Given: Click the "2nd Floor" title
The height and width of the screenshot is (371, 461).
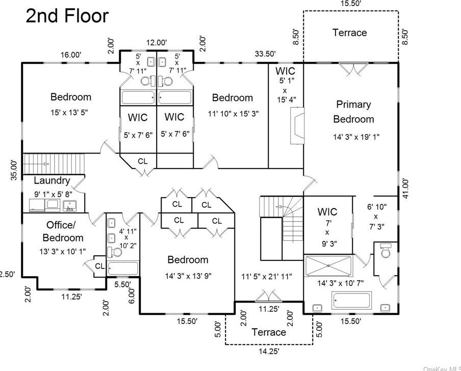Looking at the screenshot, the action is click(x=67, y=16).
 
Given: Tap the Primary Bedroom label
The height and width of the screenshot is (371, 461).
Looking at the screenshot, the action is click(x=353, y=112).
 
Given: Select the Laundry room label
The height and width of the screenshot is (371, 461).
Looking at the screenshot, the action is click(x=52, y=180).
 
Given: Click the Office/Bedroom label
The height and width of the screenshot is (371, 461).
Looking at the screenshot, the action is click(x=63, y=231).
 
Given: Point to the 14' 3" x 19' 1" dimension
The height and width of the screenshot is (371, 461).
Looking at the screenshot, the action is click(x=356, y=137).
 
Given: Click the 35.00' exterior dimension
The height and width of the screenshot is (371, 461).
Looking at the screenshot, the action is click(x=14, y=170).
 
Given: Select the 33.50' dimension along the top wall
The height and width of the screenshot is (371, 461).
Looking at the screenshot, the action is click(x=265, y=54).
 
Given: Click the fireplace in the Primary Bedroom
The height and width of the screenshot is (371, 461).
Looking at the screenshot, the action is click(x=297, y=126).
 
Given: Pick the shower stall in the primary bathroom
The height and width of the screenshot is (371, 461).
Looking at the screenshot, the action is click(x=328, y=266).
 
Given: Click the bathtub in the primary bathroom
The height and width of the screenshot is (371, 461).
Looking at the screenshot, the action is click(x=351, y=301).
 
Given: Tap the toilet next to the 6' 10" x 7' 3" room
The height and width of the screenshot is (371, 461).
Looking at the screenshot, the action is click(x=385, y=251).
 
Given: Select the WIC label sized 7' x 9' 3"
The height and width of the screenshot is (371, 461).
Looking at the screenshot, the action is click(x=327, y=212).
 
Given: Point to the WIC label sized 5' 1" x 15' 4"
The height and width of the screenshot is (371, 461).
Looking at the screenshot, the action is click(x=285, y=71).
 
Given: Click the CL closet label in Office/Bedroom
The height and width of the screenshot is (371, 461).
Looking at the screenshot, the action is click(x=99, y=266).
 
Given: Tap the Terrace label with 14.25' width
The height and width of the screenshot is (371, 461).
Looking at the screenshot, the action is click(x=269, y=332).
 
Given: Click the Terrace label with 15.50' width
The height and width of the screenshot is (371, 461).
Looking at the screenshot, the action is click(x=349, y=32).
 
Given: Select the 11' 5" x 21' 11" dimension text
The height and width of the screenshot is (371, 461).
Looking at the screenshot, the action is click(x=267, y=277).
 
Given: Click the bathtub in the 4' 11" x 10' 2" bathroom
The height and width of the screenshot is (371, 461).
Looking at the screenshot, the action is click(x=123, y=268).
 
